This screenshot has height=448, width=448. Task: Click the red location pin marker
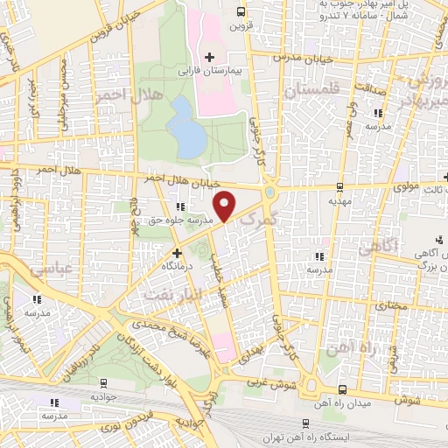pos(226,205)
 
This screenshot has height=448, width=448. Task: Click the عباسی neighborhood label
pos(51,270)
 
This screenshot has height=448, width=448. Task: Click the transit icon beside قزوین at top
pos(241,11)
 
